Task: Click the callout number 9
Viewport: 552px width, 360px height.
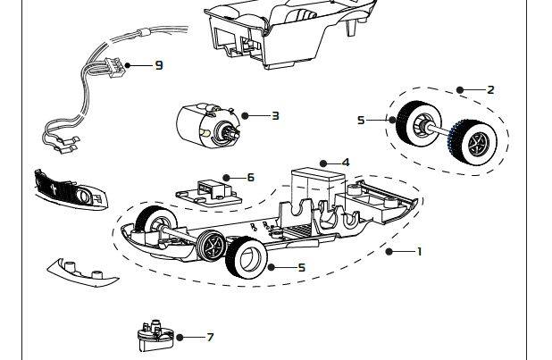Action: [159, 65]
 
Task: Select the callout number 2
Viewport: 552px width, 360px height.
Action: [490, 89]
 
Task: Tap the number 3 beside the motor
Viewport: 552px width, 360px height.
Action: [275, 115]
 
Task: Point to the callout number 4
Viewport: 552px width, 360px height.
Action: [346, 163]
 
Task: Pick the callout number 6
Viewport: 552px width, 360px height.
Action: [250, 177]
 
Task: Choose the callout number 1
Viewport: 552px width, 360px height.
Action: [419, 251]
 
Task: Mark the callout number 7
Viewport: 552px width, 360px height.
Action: [210, 337]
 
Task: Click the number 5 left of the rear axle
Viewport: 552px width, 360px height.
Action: [361, 120]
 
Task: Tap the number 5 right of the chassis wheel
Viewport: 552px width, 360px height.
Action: [302, 267]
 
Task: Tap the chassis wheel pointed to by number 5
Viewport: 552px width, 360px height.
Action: [246, 259]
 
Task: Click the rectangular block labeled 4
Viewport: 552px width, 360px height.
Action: [314, 187]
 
